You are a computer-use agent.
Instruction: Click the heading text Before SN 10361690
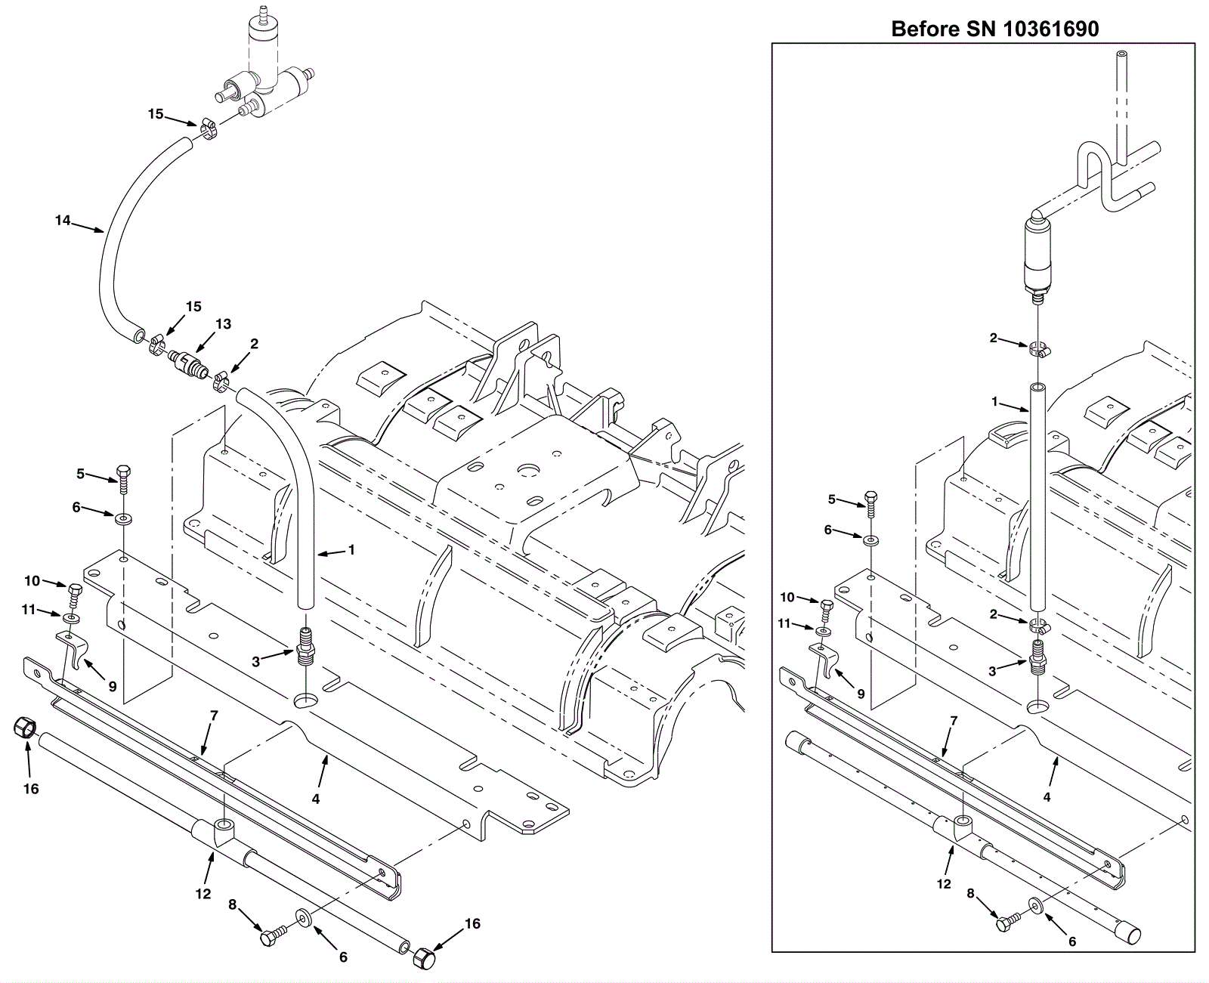click(995, 29)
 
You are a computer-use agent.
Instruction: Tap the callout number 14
click(63, 220)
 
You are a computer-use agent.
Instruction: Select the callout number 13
click(224, 323)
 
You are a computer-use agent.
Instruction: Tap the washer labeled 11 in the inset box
click(821, 631)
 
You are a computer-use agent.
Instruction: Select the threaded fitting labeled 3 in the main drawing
click(306, 647)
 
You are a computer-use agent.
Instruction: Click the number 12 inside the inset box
click(944, 884)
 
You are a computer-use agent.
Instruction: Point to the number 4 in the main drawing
click(316, 799)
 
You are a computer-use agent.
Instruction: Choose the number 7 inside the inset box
click(954, 720)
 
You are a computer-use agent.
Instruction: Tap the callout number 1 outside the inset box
click(351, 549)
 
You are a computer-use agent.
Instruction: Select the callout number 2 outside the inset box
click(255, 343)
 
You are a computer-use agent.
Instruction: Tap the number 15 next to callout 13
click(193, 306)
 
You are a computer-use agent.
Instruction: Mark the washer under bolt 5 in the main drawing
click(122, 518)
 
